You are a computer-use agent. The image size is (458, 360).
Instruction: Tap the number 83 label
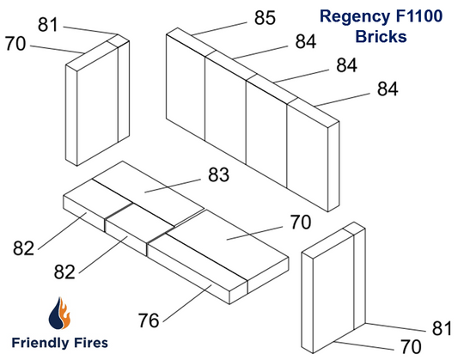coord(218,175)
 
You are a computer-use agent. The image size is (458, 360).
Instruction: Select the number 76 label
coord(150,320)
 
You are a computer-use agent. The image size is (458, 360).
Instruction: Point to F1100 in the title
coord(420,16)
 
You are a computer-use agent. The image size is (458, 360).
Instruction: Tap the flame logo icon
coord(58,314)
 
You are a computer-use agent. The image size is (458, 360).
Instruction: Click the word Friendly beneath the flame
coord(40,342)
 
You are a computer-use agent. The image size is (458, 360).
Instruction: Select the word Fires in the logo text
coord(91,342)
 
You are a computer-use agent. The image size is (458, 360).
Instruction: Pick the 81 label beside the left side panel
coord(49,24)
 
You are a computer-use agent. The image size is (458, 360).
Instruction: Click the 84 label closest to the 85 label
coord(305,41)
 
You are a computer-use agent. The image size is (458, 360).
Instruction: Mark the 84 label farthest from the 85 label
coord(388,89)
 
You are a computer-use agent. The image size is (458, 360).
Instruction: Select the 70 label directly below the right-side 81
coord(411,346)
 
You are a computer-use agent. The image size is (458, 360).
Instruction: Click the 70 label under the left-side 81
coord(15,44)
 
